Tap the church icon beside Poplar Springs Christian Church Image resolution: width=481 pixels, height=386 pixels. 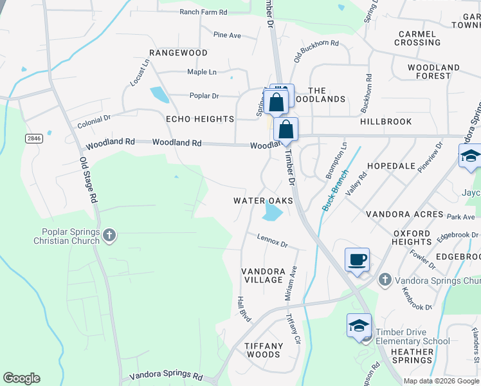pyautogui.click(x=109, y=235)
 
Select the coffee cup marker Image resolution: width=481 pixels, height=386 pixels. pyautogui.click(x=358, y=261)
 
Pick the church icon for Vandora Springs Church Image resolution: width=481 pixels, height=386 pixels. pyautogui.click(x=385, y=279)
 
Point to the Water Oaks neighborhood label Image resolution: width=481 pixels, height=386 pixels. pyautogui.click(x=263, y=201)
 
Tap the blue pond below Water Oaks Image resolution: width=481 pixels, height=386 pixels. pyautogui.click(x=273, y=212)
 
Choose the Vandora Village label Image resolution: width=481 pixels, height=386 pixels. pyautogui.click(x=263, y=275)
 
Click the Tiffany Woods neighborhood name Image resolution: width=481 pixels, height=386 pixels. pyautogui.click(x=264, y=350)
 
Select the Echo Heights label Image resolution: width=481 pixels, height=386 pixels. pyautogui.click(x=200, y=119)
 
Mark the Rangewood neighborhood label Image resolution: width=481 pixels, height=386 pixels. pyautogui.click(x=178, y=53)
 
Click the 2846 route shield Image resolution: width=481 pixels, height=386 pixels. pyautogui.click(x=33, y=138)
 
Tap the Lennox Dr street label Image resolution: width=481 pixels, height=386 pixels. pyautogui.click(x=272, y=242)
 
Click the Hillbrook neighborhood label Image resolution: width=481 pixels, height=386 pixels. pyautogui.click(x=386, y=121)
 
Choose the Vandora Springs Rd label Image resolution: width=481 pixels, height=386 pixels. pyautogui.click(x=166, y=375)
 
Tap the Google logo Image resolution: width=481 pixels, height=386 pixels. pyautogui.click(x=21, y=378)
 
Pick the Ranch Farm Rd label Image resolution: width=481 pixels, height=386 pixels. pyautogui.click(x=203, y=12)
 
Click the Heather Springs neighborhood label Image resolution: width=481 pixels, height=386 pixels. pyautogui.click(x=412, y=356)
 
